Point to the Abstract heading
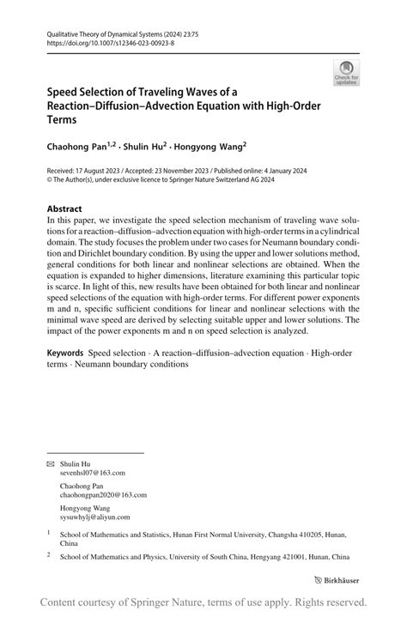coord(64,209)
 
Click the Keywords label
coord(64,353)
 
